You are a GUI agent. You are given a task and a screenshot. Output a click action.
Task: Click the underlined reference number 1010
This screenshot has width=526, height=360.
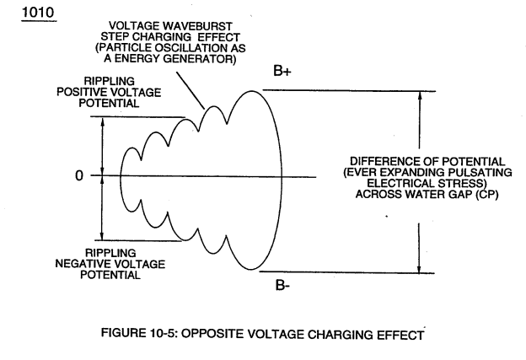coord(38,13)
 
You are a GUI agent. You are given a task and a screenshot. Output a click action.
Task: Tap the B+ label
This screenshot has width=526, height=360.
coord(282,71)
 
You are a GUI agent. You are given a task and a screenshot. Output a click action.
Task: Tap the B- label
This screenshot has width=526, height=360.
coord(282,285)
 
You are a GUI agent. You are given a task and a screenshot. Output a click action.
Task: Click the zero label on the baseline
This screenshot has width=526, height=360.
coord(79,175)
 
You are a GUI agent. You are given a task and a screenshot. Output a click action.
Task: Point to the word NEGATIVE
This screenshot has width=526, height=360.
coord(79,264)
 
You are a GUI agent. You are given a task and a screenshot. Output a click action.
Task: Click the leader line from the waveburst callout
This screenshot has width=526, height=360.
coord(191,90)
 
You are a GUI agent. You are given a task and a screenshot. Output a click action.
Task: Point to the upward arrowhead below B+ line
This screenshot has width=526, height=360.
coord(420,95)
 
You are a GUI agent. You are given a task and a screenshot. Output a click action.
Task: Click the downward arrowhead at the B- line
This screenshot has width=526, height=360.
coord(419,269)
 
